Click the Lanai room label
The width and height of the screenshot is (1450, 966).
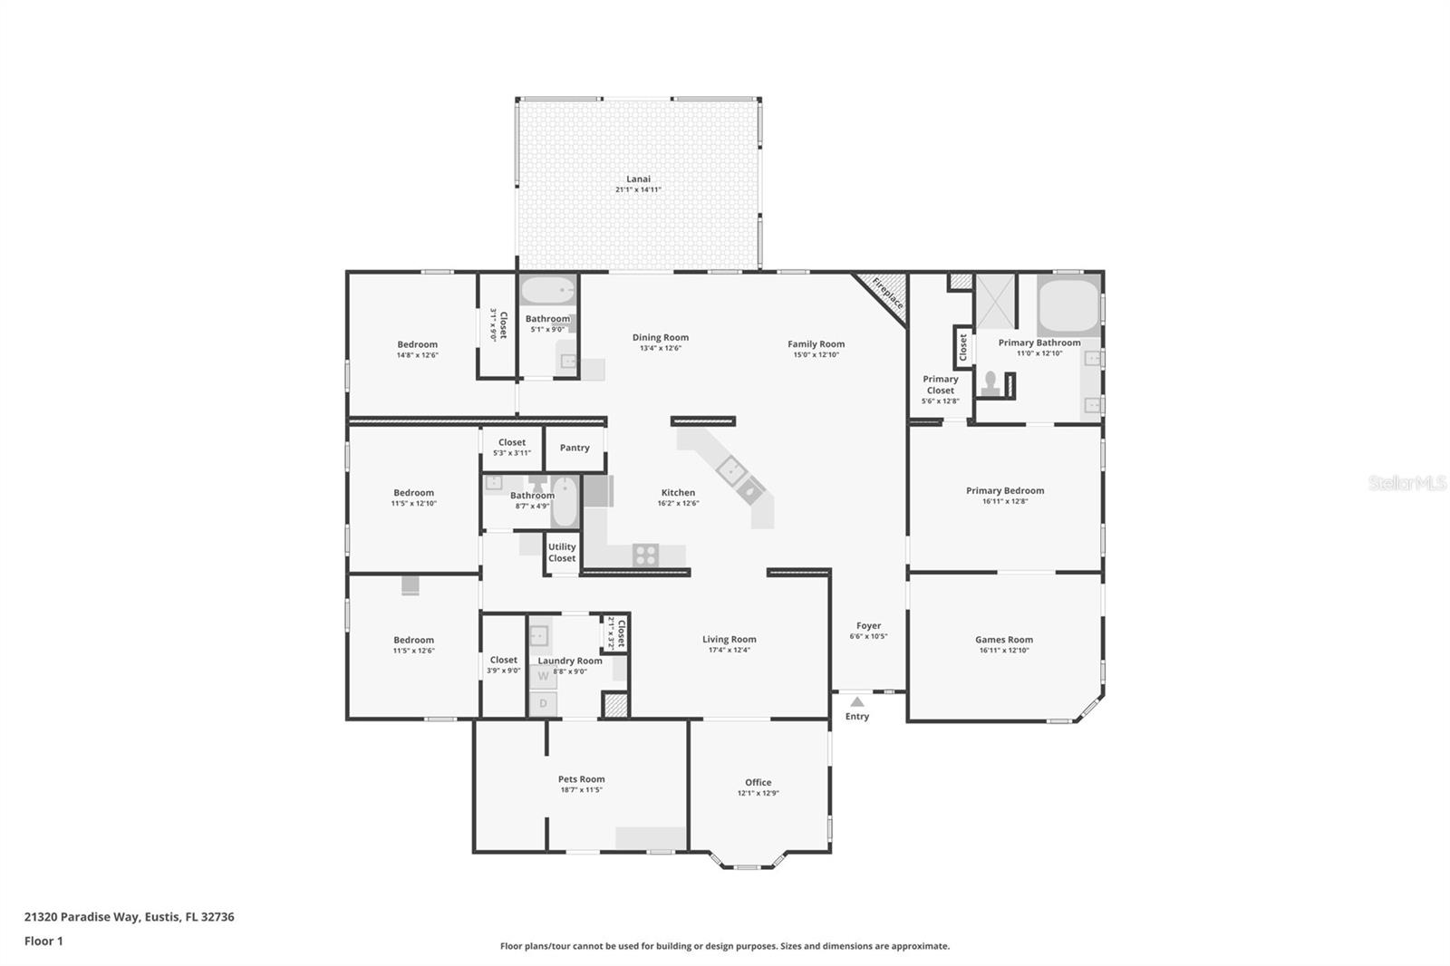point(638,179)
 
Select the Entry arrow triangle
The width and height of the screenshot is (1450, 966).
point(857,701)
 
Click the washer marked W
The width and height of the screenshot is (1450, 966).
point(543,676)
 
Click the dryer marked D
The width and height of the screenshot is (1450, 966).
point(543,703)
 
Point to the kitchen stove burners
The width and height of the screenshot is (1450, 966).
point(645,555)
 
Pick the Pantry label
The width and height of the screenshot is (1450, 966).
point(575,448)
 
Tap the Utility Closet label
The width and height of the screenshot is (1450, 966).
point(562,552)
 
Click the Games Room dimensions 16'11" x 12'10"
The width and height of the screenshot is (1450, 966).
point(1004,651)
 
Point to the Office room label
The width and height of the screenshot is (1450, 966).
point(758,782)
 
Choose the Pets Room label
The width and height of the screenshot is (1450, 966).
point(581,779)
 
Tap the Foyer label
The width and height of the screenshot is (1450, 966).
point(868,625)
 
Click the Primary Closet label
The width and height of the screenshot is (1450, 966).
point(940,385)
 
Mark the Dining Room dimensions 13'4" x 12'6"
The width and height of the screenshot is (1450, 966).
point(660,348)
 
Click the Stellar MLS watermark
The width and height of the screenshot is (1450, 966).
point(1406,483)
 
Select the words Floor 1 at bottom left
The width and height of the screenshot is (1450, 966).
point(43,941)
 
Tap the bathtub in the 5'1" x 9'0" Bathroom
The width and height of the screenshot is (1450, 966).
point(547,291)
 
